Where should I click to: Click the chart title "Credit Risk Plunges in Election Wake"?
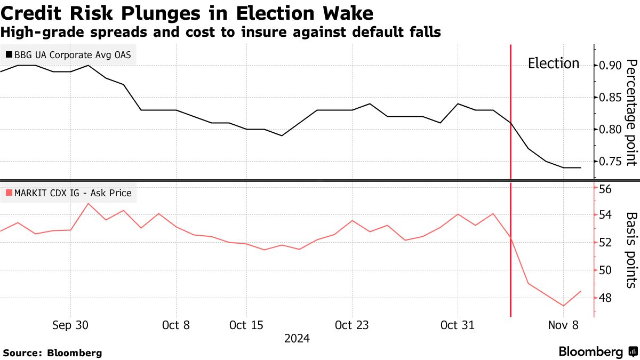(x=187, y=13)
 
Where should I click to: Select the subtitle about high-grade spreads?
(x=221, y=32)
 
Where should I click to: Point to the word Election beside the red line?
(x=553, y=63)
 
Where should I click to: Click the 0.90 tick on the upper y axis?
(x=610, y=65)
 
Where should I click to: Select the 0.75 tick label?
(x=610, y=162)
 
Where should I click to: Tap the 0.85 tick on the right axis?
(x=610, y=98)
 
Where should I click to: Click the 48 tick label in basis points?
(x=605, y=298)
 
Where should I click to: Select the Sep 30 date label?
(x=71, y=325)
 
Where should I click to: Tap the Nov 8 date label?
(x=563, y=325)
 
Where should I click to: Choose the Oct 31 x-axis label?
(x=458, y=325)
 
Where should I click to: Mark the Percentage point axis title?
(x=630, y=113)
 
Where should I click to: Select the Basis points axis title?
(x=630, y=250)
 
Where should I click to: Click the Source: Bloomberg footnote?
(x=52, y=353)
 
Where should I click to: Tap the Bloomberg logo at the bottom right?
(x=597, y=351)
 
